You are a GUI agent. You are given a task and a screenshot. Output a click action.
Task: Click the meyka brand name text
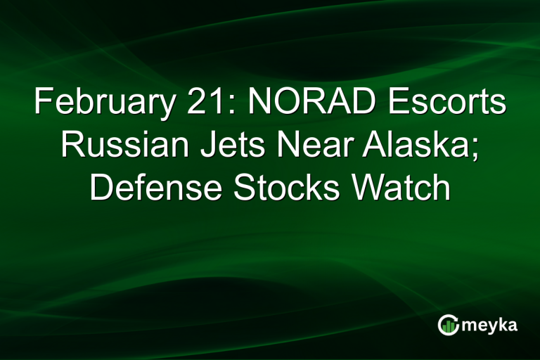coord(491,326)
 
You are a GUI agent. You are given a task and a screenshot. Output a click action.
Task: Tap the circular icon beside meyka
coord(449,324)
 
